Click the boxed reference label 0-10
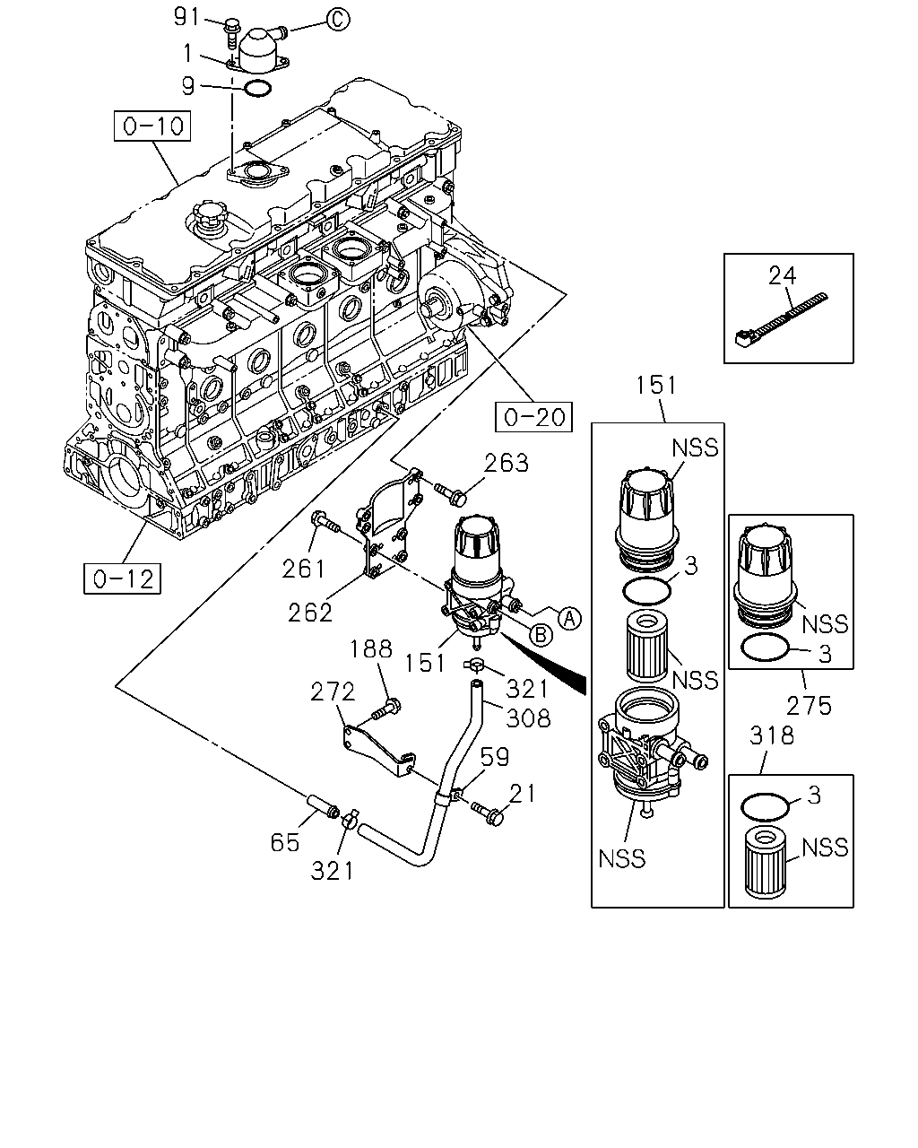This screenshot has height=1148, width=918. [152, 126]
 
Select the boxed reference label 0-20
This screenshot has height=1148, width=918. [533, 417]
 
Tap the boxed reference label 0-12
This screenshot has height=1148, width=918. [122, 578]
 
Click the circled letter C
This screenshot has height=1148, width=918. [338, 21]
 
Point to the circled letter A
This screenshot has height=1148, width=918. [569, 618]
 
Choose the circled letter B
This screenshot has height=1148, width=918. [541, 635]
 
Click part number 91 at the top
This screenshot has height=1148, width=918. [187, 17]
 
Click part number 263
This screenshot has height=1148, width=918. [507, 463]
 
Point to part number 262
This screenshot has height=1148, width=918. [310, 613]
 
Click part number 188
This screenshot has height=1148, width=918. [371, 649]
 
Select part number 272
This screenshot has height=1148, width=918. [333, 691]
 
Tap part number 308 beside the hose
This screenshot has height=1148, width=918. [528, 718]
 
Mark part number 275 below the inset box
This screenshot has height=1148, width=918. [809, 706]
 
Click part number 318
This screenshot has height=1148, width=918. [771, 735]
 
